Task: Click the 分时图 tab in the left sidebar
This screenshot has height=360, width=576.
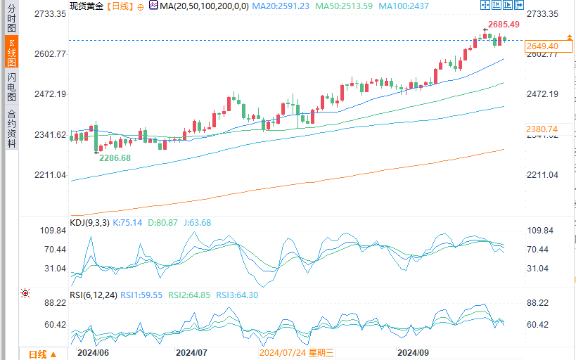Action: pos(11,19)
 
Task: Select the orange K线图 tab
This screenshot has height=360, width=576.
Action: pos(11,53)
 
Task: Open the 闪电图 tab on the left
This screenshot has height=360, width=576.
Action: pos(11,87)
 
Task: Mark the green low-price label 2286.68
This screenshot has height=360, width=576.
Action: pos(115,158)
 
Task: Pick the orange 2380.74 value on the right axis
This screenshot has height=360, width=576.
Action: pos(542,129)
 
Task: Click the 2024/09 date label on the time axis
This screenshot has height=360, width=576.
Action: pos(414,352)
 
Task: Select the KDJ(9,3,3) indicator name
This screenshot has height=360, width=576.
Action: pos(88,223)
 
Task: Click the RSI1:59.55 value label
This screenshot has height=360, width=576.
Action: pos(142,295)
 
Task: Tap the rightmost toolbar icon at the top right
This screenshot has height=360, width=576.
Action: pos(519,6)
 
